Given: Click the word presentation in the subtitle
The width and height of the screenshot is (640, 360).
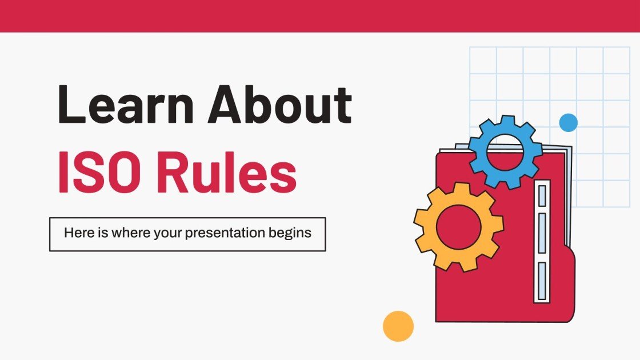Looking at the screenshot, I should click(x=231, y=233).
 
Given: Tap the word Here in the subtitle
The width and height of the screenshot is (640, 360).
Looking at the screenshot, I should click(x=77, y=233).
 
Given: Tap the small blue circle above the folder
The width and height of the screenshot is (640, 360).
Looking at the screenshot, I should click(x=568, y=122).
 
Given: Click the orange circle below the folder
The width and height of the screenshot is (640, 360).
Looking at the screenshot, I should click(x=398, y=326).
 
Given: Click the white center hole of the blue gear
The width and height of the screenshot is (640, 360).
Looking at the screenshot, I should click(x=505, y=151).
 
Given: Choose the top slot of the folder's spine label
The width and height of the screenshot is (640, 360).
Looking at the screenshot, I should click(x=542, y=195).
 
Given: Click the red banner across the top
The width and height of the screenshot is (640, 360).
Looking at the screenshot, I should click(x=320, y=15).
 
